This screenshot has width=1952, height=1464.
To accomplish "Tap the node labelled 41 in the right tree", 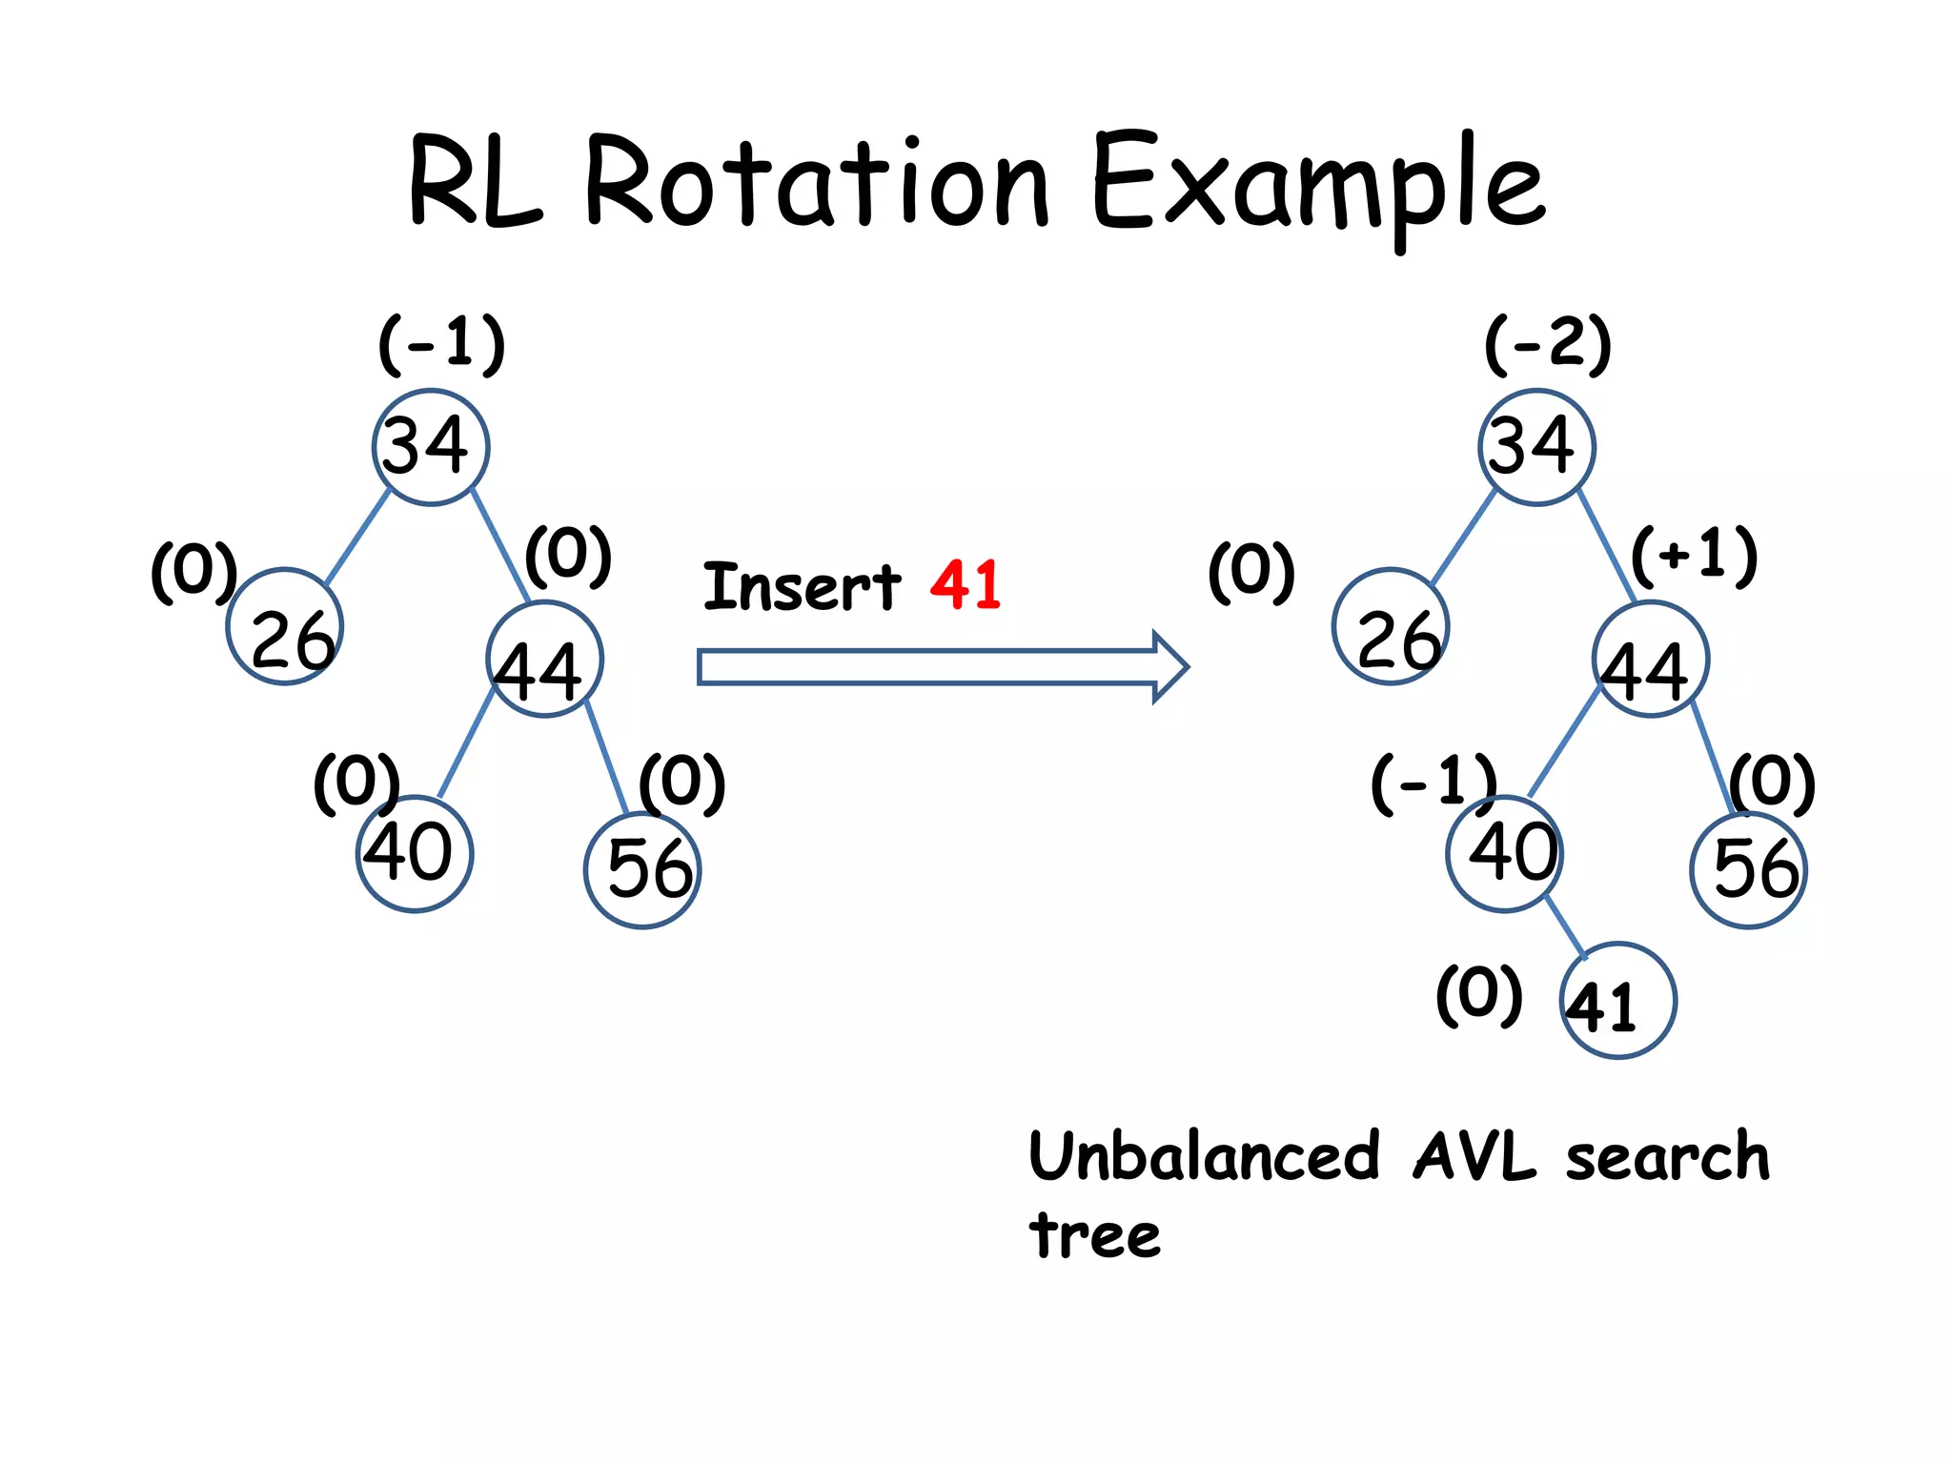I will [1617, 1001].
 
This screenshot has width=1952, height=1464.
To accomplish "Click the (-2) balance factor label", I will [1548, 343].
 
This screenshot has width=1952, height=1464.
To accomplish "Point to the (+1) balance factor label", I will [1694, 555].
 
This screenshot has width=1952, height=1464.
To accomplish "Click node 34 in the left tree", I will [431, 446].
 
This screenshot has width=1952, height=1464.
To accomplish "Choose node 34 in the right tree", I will [1536, 446].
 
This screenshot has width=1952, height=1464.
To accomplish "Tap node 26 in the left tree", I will [284, 627].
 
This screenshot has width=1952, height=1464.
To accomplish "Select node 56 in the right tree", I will [1748, 869].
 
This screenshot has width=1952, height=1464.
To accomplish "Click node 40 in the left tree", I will [415, 853].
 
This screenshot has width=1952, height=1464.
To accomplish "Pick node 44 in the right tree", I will [1650, 660].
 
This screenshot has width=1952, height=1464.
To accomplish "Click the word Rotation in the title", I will [818, 183].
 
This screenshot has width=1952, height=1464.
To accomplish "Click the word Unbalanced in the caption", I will [1204, 1156].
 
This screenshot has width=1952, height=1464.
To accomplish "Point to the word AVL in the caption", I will [1474, 1156].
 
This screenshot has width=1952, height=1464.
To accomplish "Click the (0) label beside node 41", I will [1478, 994].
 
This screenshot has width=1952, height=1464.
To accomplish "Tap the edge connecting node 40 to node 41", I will [1565, 926].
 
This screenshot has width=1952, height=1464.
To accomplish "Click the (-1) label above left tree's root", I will [442, 343].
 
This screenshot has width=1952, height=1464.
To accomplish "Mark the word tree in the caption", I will [1095, 1235].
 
